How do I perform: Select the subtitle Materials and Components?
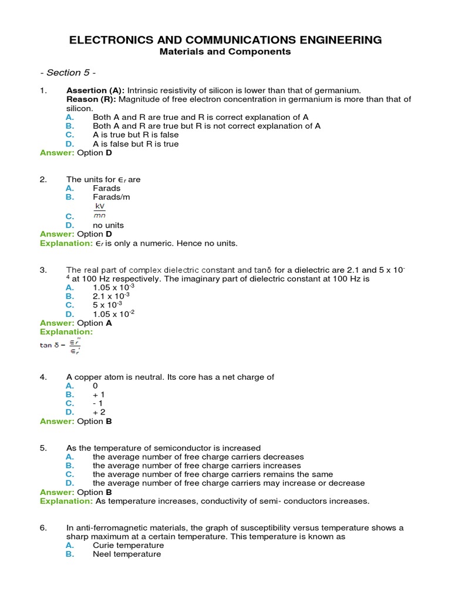[225, 52]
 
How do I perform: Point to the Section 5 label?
[68, 72]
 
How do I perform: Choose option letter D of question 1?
[70, 143]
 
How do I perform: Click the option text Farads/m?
[112, 197]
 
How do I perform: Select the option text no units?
[109, 225]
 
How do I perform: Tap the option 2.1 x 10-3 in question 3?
[114, 296]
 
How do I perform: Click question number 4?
[43, 377]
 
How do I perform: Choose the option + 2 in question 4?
[99, 412]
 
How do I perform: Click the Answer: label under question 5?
[57, 492]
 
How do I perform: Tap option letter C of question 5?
[70, 474]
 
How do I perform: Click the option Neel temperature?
[127, 554]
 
